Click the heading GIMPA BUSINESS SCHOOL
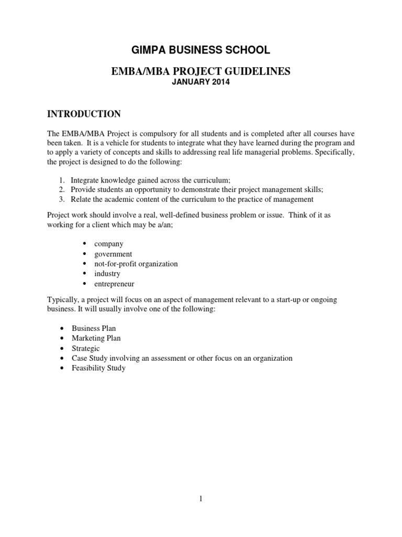pos(200,50)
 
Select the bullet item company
pos(109,244)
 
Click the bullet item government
pos(113,254)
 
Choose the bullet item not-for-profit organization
pos(136,264)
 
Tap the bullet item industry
pos(107,274)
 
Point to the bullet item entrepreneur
pos(114,284)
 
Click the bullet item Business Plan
pos(94,328)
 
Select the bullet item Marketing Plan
pos(96,338)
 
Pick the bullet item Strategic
pos(86,348)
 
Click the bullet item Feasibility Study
pos(98,368)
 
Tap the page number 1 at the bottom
pos(200,499)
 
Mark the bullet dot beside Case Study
pos(63,359)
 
